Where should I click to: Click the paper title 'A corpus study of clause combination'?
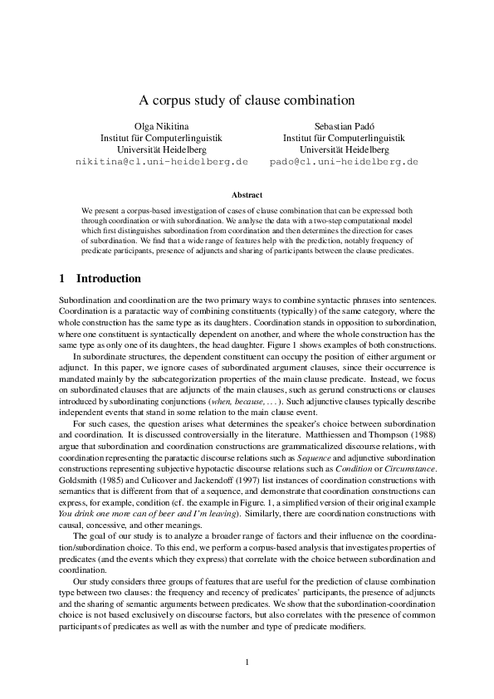pyautogui.click(x=247, y=100)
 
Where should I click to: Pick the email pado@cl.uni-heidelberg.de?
pyautogui.click(x=344, y=161)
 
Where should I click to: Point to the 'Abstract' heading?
pyautogui.click(x=247, y=195)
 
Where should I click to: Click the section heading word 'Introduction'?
pyautogui.click(x=109, y=278)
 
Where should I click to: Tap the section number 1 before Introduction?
pyautogui.click(x=64, y=278)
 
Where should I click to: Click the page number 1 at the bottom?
pyautogui.click(x=247, y=662)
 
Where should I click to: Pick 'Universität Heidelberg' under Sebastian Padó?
pyautogui.click(x=344, y=149)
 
